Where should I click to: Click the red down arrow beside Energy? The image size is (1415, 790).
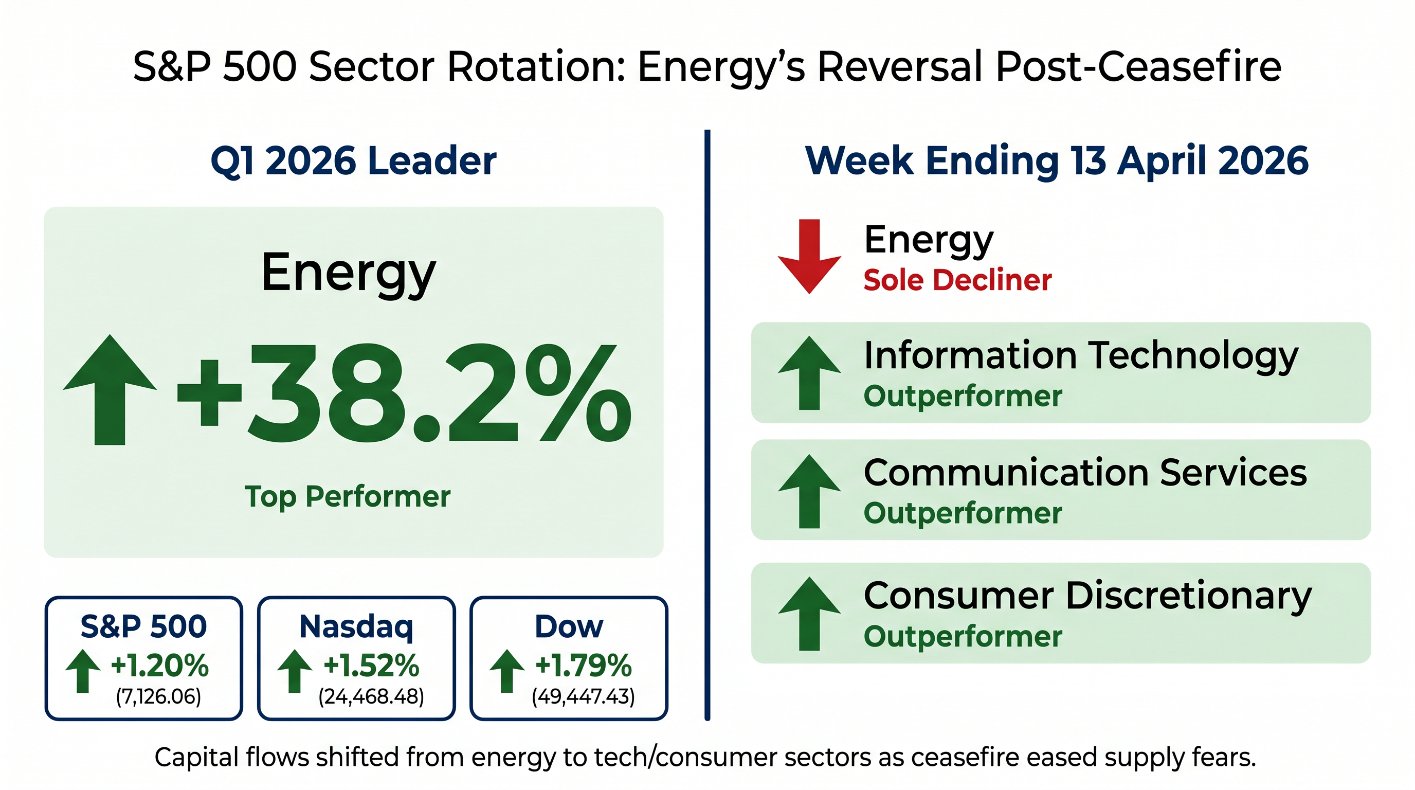tap(809, 256)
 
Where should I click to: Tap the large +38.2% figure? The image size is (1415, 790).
tap(404, 393)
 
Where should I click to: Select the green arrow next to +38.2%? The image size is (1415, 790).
tap(110, 389)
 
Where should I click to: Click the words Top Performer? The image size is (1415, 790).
tap(347, 497)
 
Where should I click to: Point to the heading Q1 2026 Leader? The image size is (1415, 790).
tap(353, 160)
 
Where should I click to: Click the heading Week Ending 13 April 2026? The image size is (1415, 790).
tap(1056, 160)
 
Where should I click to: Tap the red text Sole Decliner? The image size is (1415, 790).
tap(957, 280)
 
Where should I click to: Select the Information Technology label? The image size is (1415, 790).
tap(1081, 356)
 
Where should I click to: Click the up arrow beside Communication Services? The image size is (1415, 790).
tap(809, 491)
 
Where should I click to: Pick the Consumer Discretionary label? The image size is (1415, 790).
tap(1087, 596)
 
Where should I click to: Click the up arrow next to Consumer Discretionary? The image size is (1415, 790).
tap(809, 614)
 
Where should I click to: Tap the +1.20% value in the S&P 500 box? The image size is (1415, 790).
tap(159, 666)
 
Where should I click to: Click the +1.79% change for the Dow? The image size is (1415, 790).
tap(584, 666)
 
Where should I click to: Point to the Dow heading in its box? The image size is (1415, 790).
tap(569, 627)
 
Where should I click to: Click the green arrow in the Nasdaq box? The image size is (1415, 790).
tap(295, 671)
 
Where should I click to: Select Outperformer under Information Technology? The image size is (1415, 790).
tap(963, 396)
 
